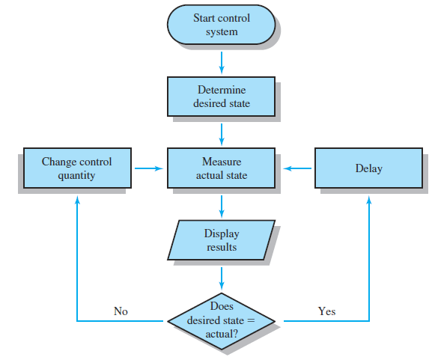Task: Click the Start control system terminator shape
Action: [221, 25]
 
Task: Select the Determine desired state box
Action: [221, 97]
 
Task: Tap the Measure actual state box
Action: [221, 168]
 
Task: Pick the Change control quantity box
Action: [77, 168]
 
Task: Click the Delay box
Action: [368, 168]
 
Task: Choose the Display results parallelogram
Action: [221, 240]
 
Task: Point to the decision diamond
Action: [221, 321]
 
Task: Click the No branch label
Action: [121, 311]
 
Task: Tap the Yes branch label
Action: [326, 311]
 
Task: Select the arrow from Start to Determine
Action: [222, 63]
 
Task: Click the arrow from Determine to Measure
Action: [222, 135]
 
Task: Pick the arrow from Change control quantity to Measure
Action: [149, 168]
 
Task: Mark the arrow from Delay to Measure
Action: [297, 168]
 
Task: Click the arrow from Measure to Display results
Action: [222, 207]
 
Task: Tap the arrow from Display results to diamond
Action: [222, 278]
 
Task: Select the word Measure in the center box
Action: [222, 162]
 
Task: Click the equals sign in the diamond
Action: [251, 321]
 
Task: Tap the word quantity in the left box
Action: [76, 175]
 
